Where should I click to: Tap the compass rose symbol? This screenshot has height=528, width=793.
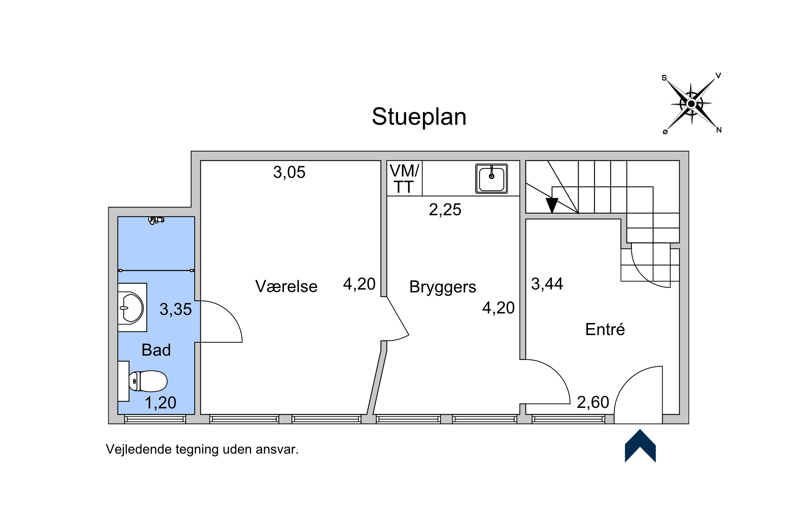click(x=691, y=104)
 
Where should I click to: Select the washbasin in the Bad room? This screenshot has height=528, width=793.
click(x=132, y=308)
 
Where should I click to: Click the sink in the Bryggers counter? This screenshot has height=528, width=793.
click(x=492, y=179)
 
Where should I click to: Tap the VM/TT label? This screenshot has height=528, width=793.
click(x=404, y=179)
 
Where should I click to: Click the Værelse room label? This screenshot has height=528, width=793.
click(x=286, y=286)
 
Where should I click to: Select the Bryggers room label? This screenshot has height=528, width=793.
click(x=443, y=287)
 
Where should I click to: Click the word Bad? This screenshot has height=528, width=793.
click(x=156, y=350)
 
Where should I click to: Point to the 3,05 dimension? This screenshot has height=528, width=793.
click(x=289, y=172)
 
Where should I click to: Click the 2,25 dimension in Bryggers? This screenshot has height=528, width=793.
click(x=445, y=210)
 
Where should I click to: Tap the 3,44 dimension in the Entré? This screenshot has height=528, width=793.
click(x=547, y=284)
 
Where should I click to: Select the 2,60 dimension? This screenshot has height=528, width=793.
click(x=593, y=402)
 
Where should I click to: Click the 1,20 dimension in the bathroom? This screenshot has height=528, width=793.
click(x=160, y=403)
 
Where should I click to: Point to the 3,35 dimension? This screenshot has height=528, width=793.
click(x=176, y=309)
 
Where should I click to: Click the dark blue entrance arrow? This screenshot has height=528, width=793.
click(x=640, y=446)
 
